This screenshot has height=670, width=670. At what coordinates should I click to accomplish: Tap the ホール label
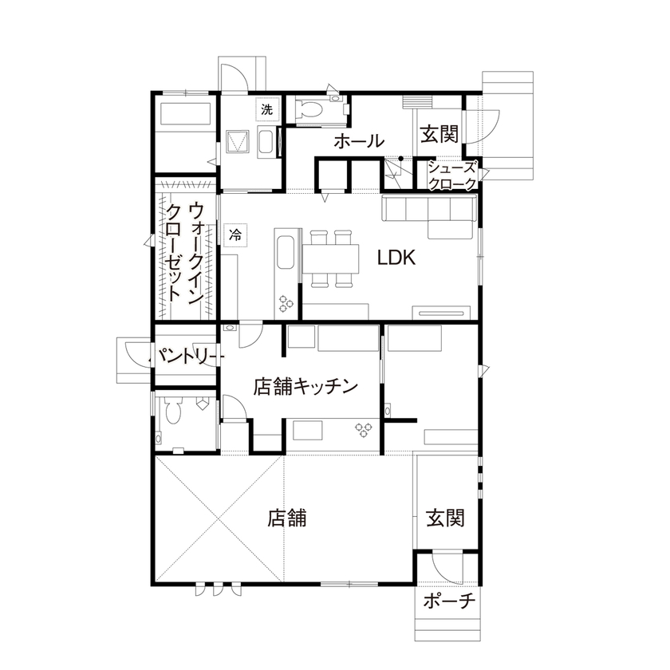click(x=358, y=142)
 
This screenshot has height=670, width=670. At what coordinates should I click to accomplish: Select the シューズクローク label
click(x=452, y=175)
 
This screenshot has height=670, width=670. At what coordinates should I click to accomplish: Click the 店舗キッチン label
click(x=304, y=386)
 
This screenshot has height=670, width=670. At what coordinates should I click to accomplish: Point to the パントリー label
click(x=185, y=355)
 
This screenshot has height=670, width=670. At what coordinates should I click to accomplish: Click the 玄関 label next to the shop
click(x=445, y=518)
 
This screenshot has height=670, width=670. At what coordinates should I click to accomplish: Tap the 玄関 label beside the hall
click(x=439, y=134)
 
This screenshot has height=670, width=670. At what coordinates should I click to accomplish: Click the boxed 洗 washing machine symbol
click(x=266, y=110)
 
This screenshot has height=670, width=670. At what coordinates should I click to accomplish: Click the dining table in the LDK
click(x=331, y=258)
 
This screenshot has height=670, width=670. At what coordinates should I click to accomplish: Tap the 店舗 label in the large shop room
click(x=287, y=518)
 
